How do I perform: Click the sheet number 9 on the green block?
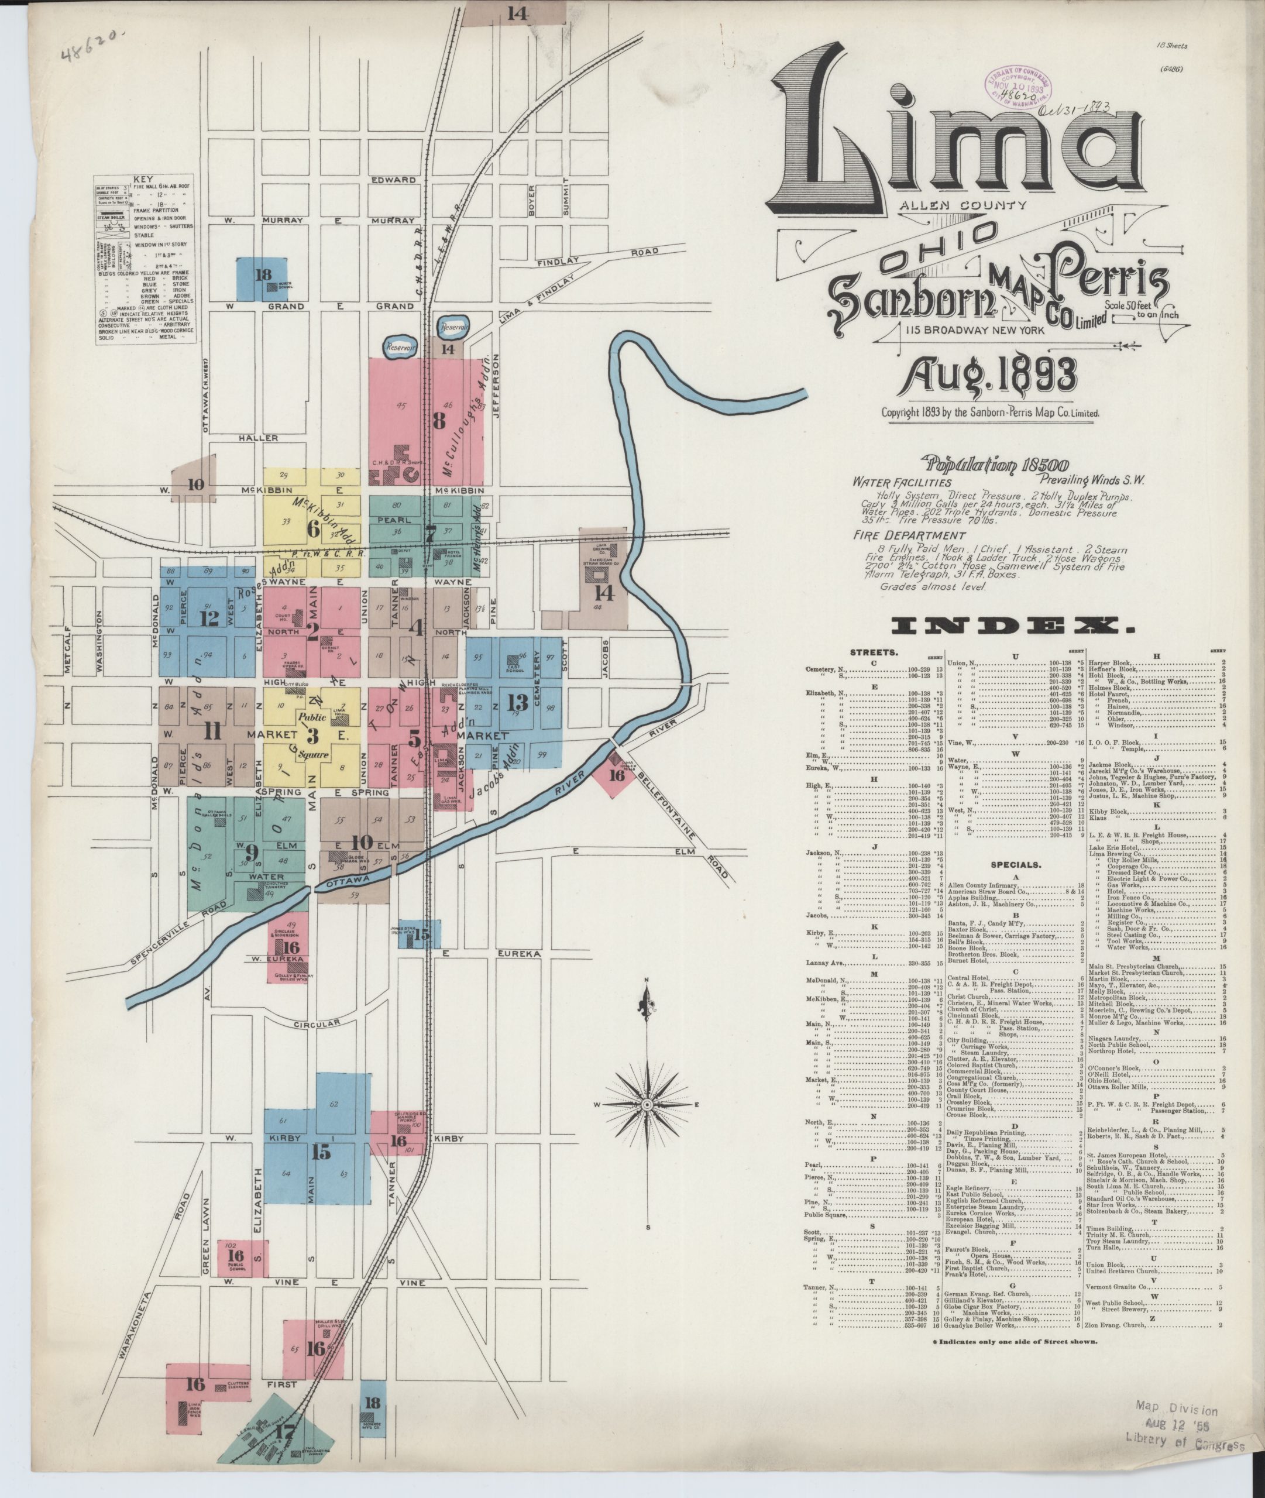click(250, 853)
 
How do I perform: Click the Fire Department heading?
click(899, 535)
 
